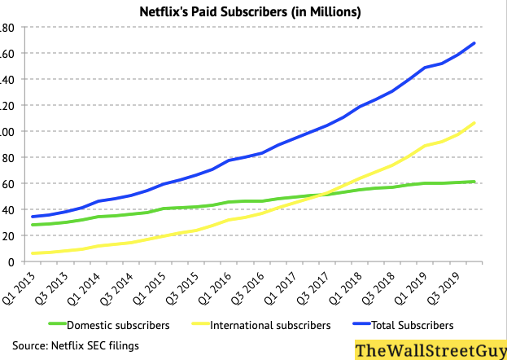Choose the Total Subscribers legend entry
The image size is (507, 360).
click(412, 325)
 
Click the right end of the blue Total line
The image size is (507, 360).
click(474, 43)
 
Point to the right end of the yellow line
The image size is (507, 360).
click(474, 123)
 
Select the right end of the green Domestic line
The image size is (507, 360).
click(474, 182)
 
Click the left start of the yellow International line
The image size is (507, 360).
click(33, 253)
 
